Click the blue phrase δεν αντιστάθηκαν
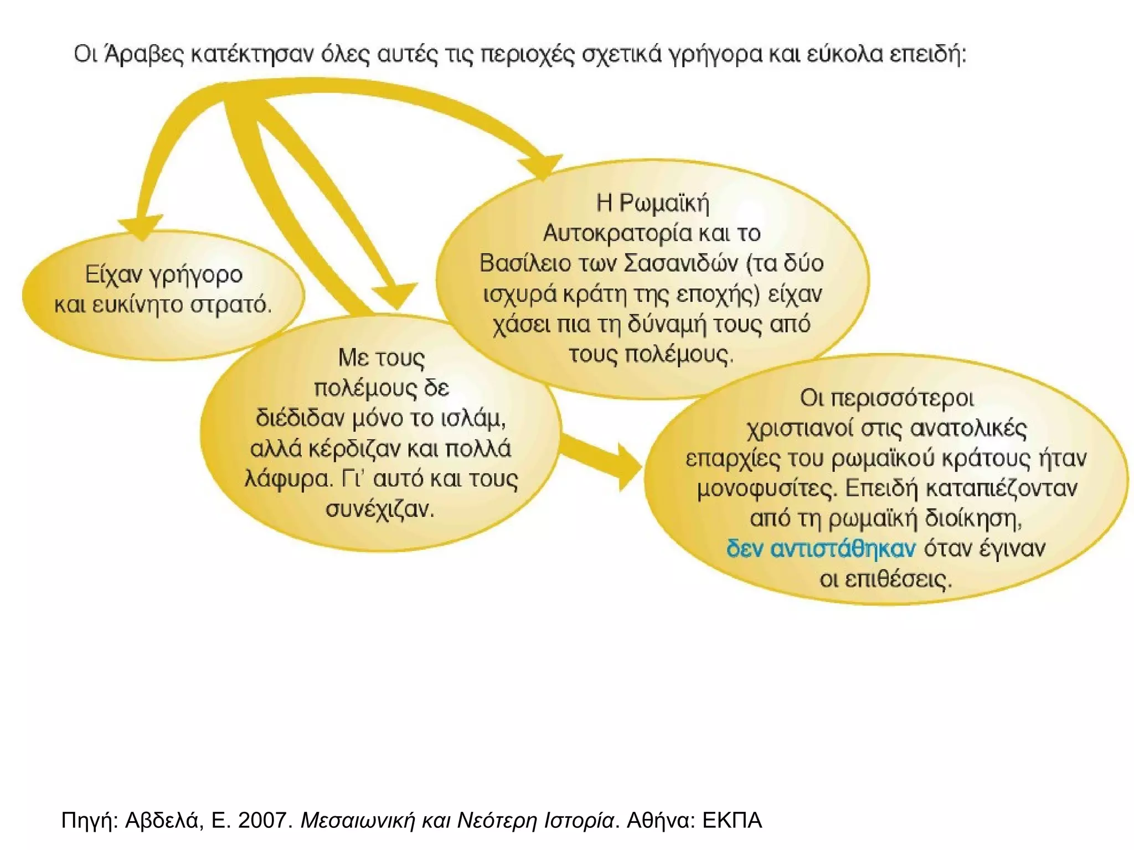(821, 548)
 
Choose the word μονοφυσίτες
(767, 489)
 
